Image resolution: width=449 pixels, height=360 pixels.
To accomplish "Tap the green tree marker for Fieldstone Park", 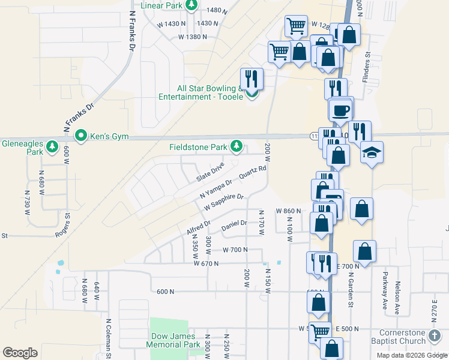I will click(237, 146).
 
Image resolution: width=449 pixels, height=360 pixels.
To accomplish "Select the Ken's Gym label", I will click(109, 137).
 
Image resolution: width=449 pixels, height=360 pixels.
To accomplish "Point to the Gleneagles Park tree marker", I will click(52, 146).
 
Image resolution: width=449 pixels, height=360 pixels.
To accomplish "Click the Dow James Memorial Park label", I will click(173, 341).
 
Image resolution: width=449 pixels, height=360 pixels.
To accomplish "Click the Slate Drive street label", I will click(210, 172).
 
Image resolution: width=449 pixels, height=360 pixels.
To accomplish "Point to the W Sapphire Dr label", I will click(224, 201).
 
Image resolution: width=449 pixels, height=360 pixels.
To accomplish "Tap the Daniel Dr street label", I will click(234, 226).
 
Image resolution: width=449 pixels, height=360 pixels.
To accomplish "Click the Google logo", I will click(20, 353).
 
